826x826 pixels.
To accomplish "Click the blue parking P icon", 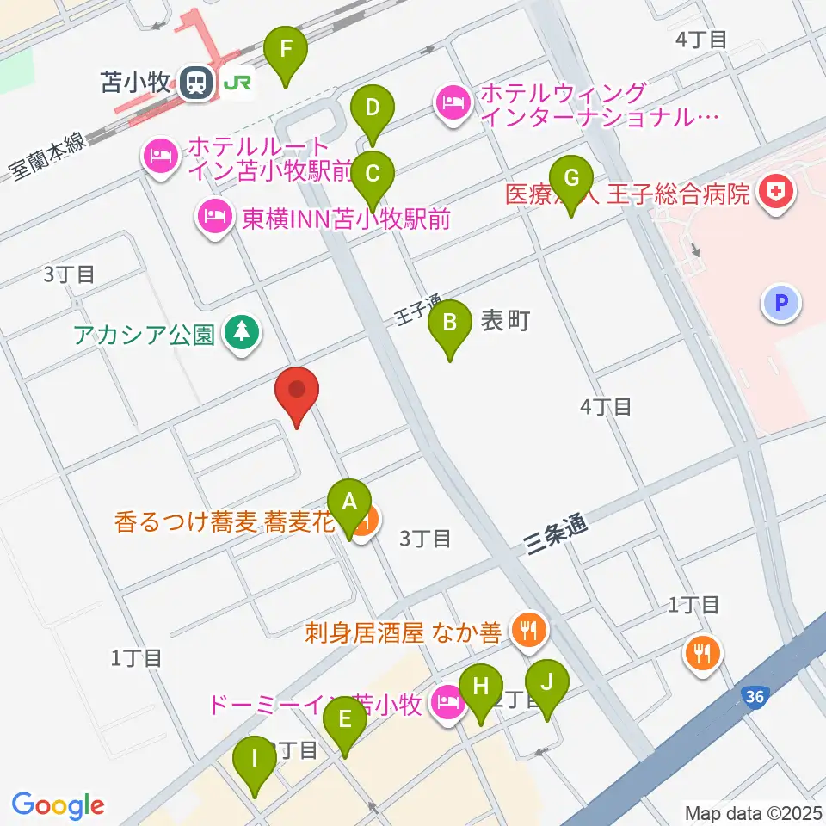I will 781,303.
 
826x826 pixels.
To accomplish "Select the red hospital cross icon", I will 776,192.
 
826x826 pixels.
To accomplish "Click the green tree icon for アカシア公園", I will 242,332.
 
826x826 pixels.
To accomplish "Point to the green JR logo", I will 238,83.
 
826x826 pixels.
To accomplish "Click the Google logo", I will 58,806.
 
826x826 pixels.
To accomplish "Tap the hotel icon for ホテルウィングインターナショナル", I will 452,104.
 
